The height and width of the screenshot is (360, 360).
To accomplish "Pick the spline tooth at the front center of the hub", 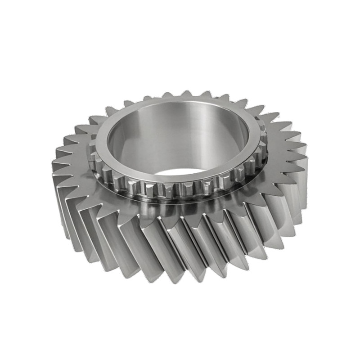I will coord(180,189).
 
